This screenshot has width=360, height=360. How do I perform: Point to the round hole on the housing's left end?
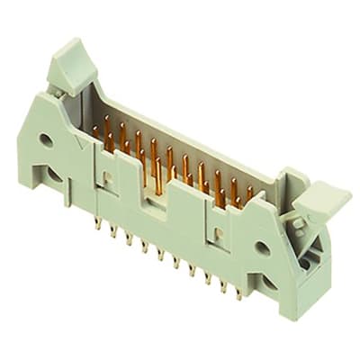[x=45, y=139]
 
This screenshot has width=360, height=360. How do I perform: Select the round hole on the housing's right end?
[x=262, y=246]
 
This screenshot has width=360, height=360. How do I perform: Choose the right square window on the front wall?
[x=217, y=235]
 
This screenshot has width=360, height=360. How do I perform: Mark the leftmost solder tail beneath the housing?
[x=97, y=223]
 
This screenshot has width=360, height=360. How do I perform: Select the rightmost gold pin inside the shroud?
[x=249, y=194]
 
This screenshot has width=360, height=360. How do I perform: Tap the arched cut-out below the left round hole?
[x=56, y=176]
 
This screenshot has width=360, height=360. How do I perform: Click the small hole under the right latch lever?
[x=304, y=262]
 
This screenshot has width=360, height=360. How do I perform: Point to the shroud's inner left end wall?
[x=88, y=108]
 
